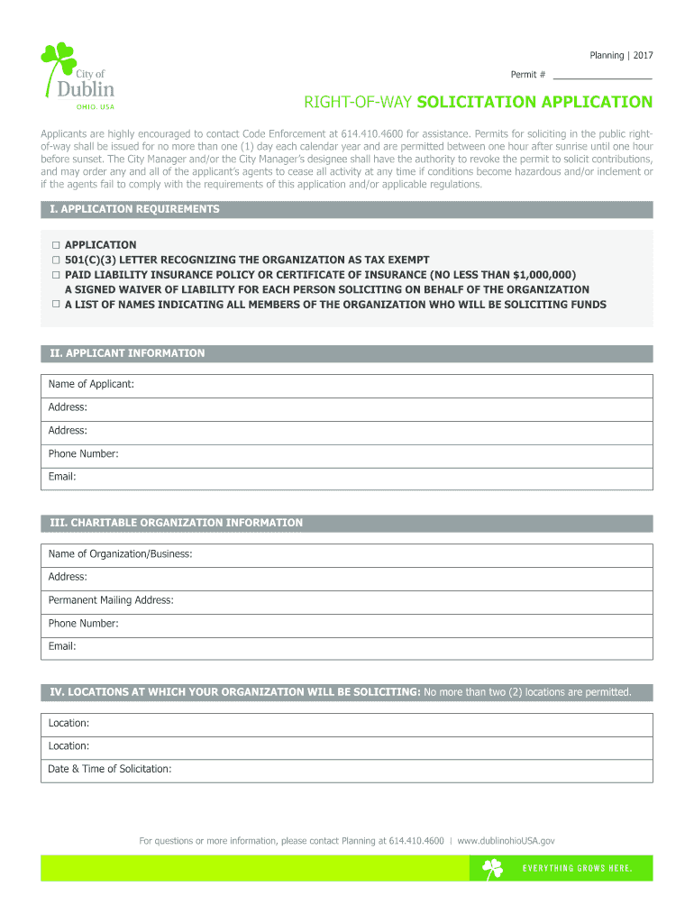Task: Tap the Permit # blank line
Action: point(602,75)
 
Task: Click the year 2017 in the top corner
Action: point(643,56)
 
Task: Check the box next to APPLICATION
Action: point(55,245)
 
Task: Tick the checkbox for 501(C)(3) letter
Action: point(55,260)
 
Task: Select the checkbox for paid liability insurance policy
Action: point(55,274)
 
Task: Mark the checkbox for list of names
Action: point(55,305)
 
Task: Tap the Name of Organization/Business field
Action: point(406,554)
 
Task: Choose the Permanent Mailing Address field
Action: point(406,600)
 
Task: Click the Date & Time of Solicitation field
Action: point(406,770)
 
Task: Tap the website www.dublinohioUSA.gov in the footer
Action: point(506,841)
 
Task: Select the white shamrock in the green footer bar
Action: point(492,868)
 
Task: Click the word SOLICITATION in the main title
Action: point(471,102)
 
